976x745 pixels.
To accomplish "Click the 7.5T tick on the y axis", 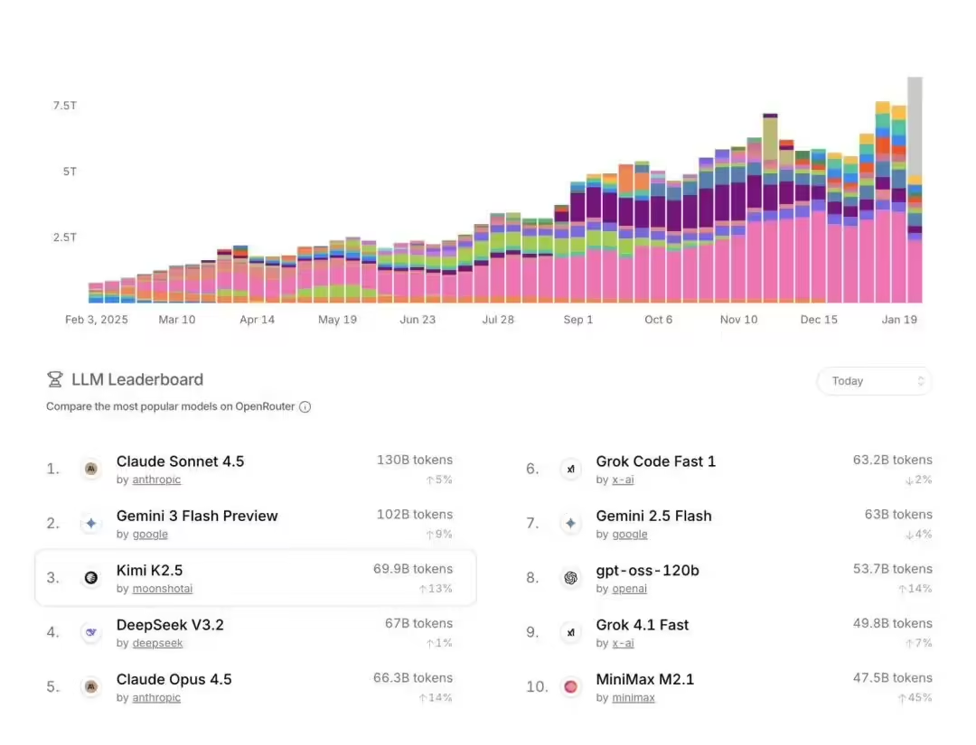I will (x=65, y=106).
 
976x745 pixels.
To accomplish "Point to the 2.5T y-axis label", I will (x=65, y=237).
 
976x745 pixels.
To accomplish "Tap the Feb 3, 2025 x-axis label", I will (x=97, y=320).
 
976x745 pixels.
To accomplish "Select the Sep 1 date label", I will (x=578, y=320).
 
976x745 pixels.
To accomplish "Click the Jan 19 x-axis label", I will (x=899, y=320).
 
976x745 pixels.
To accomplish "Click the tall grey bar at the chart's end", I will (x=915, y=126).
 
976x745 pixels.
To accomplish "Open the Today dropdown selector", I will (x=874, y=381).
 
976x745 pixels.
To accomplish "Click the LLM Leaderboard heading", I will (x=137, y=380).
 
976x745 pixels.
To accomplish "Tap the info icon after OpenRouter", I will (x=305, y=407).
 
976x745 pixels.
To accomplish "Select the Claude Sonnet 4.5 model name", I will (x=180, y=461).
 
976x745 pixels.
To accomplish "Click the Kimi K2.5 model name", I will (x=149, y=571).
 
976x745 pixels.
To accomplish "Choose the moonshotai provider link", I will (x=162, y=589).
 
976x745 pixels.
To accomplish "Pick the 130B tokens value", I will (x=415, y=461).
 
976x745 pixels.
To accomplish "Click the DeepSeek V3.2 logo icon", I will (x=90, y=632).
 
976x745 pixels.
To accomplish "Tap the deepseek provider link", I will (x=157, y=643).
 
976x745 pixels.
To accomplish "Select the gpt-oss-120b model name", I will (x=647, y=571).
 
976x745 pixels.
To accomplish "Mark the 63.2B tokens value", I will (x=892, y=461).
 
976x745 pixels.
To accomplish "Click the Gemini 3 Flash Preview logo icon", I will (x=90, y=524).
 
